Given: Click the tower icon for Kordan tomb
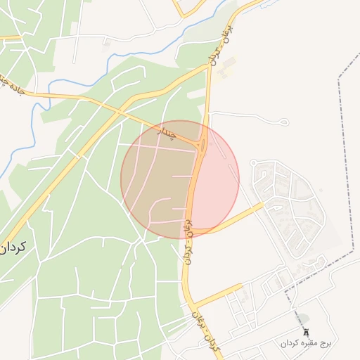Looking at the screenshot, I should (306, 331).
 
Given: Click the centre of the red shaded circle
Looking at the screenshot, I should (180, 179).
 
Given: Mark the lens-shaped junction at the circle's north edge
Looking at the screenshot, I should (202, 146).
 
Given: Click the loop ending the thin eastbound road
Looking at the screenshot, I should (283, 123).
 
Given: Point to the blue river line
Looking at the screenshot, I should (105, 67).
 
